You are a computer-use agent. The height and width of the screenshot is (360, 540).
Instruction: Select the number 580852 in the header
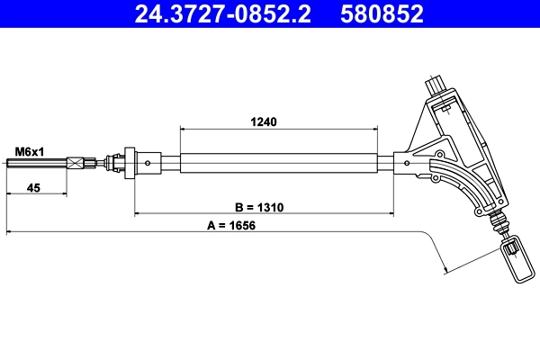coord(382,13)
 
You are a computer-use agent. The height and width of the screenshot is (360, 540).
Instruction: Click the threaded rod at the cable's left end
coord(36,164)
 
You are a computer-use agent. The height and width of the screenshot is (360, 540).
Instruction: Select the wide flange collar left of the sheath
coord(130,163)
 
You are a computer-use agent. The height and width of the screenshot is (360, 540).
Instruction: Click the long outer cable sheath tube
coord(279,164)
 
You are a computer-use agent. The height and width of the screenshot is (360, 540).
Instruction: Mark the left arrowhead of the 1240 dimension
coord(184,129)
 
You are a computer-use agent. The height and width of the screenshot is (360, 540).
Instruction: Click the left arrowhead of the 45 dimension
coord(9,193)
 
